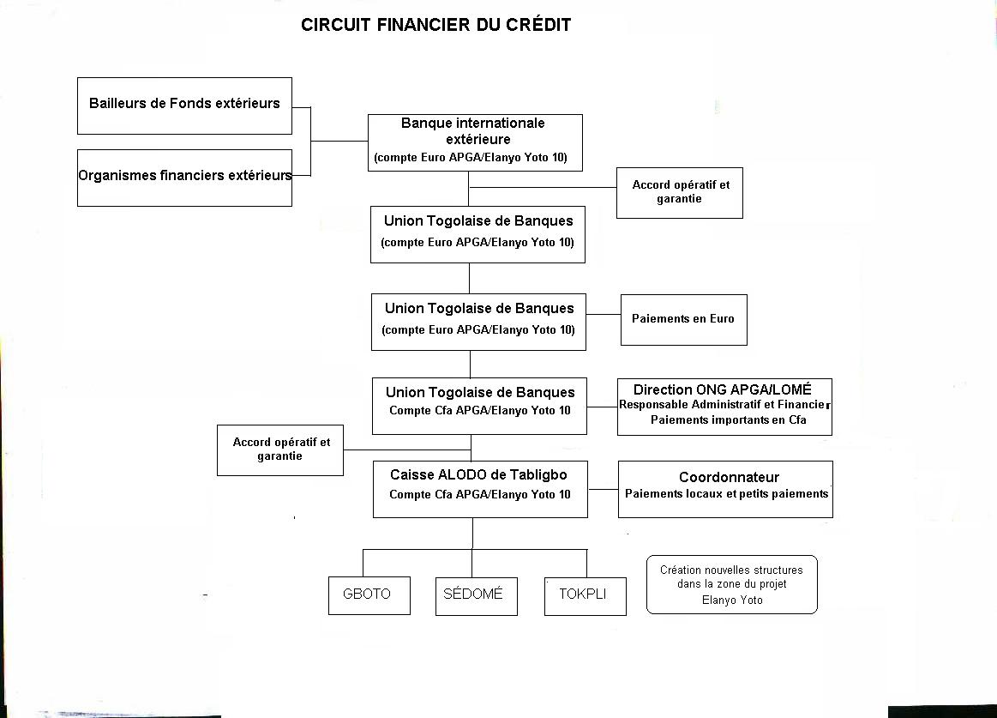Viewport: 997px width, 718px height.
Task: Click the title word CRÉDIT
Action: coord(538,24)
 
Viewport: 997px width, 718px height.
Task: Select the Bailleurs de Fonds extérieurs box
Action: coord(184,106)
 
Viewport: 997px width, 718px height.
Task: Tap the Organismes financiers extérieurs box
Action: coord(184,178)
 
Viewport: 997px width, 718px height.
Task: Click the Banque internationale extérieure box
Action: coord(475,142)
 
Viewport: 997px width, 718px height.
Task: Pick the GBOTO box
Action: coord(369,596)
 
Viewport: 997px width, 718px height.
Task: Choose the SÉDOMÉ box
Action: coord(477,596)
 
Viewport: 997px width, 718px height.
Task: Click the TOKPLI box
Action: coord(586,596)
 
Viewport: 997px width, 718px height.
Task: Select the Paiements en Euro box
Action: coord(684,319)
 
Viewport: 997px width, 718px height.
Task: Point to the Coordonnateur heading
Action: coord(729,478)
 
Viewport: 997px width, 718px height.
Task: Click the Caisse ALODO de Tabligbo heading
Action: coord(479,475)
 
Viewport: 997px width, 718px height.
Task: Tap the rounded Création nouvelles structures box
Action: coord(732,584)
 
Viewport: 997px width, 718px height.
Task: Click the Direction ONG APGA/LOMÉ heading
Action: coord(723,389)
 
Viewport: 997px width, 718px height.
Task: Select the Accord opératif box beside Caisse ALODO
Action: coord(280,450)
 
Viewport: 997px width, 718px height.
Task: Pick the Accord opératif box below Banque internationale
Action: coord(680,193)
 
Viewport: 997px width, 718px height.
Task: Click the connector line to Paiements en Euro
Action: coord(604,315)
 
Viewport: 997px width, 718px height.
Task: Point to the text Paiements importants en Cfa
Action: coord(729,420)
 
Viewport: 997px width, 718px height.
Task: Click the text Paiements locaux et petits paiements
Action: coord(727,494)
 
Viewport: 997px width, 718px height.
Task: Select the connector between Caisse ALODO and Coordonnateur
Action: coord(604,490)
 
